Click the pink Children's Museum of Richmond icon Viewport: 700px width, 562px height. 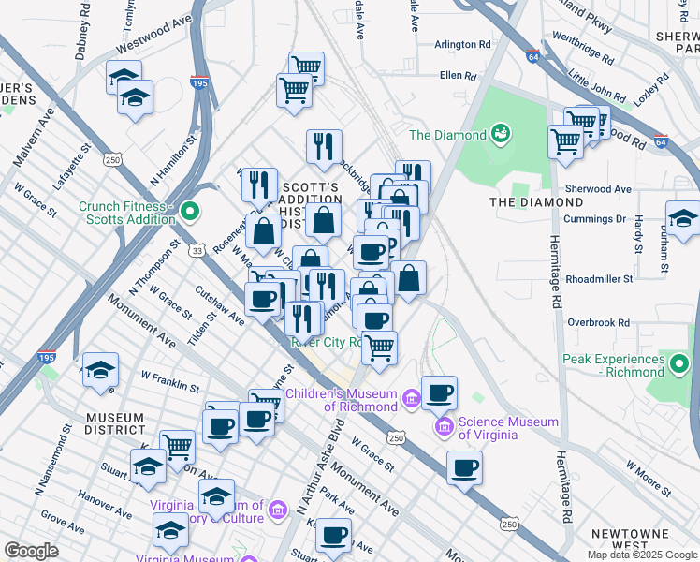[410, 400]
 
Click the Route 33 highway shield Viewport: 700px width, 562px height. [196, 250]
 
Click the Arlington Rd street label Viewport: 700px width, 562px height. [462, 44]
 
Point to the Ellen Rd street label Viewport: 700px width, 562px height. [458, 76]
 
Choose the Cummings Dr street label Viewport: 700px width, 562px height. [593, 219]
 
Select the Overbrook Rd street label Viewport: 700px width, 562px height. [598, 322]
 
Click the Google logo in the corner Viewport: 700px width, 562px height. [31, 551]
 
